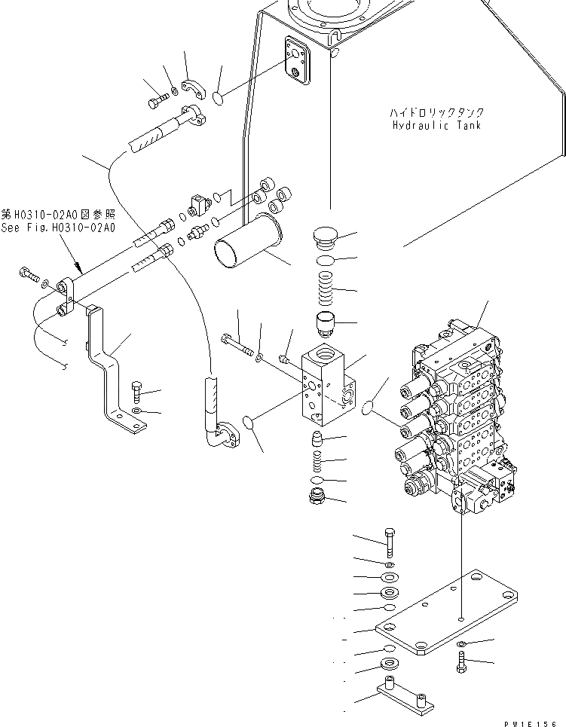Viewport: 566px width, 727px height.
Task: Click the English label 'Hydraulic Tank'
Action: click(436, 125)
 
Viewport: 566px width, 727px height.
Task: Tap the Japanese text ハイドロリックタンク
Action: click(432, 113)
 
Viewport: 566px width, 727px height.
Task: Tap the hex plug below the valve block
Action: click(317, 497)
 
